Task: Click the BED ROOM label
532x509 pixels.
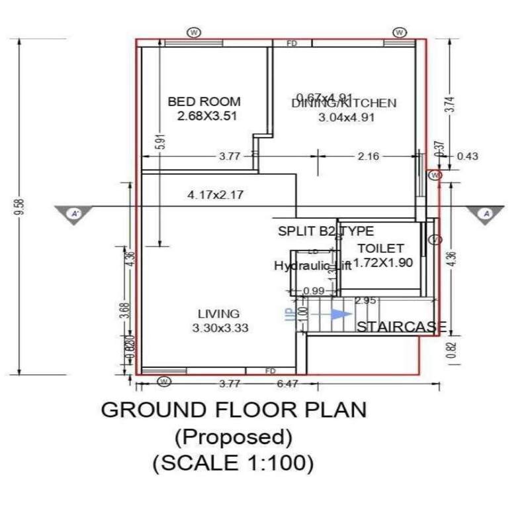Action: click(x=204, y=102)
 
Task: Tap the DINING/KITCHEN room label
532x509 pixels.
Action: click(x=344, y=103)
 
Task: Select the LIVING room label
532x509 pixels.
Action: click(x=219, y=313)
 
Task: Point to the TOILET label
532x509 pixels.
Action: click(x=380, y=248)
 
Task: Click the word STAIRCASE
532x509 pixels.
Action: click(x=402, y=327)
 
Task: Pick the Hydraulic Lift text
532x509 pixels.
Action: click(x=312, y=266)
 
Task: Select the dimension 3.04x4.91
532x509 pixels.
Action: click(x=347, y=117)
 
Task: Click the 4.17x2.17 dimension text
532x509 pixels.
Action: click(x=216, y=195)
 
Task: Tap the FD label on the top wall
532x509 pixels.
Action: click(x=292, y=43)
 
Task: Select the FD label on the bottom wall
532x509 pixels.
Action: click(x=270, y=371)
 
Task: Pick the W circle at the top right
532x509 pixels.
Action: click(x=400, y=32)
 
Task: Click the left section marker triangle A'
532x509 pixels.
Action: click(x=75, y=213)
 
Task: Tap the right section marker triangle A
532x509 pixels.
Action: click(x=485, y=213)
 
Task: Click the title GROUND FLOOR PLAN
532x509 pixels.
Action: click(x=233, y=410)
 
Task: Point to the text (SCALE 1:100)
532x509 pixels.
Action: click(x=233, y=463)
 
